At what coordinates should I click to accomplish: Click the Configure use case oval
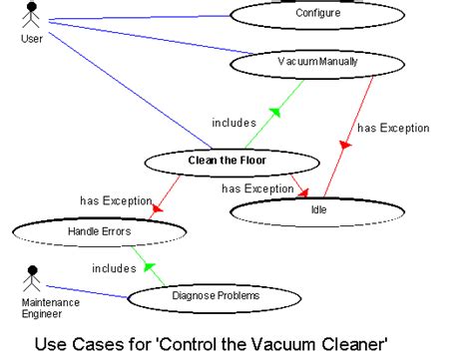point(316,15)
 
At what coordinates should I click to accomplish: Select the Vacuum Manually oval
point(316,62)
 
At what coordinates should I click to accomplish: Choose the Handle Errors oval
point(99,231)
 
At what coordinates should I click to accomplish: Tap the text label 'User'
point(32,39)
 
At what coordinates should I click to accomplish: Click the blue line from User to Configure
point(140,17)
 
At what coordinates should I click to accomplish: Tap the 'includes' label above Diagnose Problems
point(114,267)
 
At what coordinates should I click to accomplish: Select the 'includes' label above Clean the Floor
point(234,123)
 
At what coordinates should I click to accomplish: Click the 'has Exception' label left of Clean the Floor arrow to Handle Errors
point(115,200)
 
